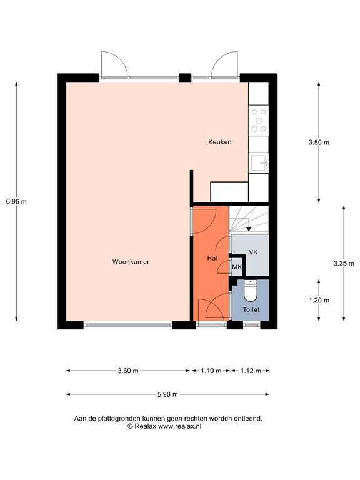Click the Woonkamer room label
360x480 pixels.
point(131,262)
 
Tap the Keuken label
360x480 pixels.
point(220,142)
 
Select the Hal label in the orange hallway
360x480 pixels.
point(212,258)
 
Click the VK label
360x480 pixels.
point(253,252)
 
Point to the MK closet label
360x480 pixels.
point(237,267)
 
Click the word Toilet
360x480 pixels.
point(251,309)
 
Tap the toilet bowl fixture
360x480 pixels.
point(251,291)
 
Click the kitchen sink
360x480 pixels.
point(259,164)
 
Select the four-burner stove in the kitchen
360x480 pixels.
point(258,121)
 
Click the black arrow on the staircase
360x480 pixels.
point(249,229)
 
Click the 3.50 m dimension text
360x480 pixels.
point(319,142)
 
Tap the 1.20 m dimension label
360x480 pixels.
point(319,300)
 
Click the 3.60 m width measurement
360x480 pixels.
point(127,371)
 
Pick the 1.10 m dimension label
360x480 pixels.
point(211,371)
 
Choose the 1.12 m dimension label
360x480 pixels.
point(251,371)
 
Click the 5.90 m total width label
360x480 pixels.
point(167,394)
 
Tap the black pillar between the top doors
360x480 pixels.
point(184,78)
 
